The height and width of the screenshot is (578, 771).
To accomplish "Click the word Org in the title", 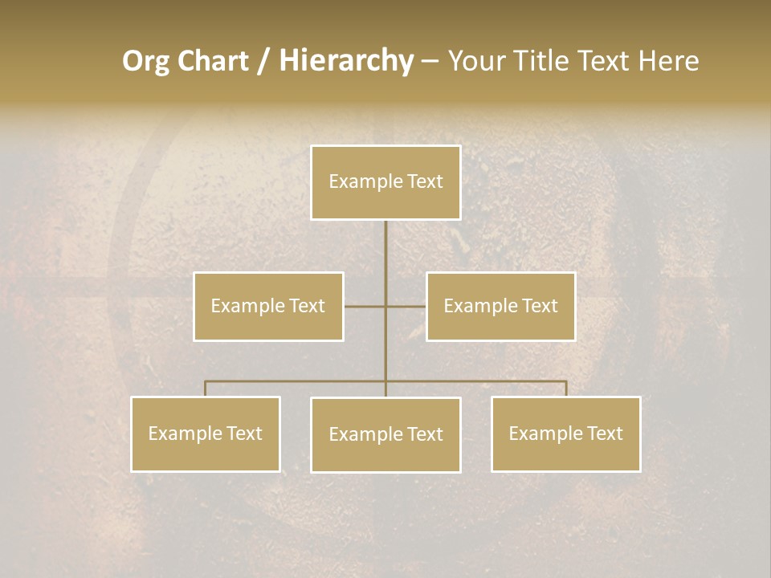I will pos(145,61).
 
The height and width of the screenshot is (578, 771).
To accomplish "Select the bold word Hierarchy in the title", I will pos(345,61).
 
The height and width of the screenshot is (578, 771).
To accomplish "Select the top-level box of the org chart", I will pos(385,182).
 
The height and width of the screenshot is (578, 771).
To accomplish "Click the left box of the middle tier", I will pos(268,306).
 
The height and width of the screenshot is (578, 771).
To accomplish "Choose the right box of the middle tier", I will pos(500,306).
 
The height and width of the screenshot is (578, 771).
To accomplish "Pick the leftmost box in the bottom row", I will pos(205,433).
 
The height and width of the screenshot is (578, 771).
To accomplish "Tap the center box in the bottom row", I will pos(385,434).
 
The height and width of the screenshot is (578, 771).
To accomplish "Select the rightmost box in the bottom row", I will pos(565,433).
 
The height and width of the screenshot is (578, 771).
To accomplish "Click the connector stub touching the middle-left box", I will pos(364,307).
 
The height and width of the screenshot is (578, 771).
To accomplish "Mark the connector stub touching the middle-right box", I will pos(406,307).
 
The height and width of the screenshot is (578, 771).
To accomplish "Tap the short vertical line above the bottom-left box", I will pos(205,389).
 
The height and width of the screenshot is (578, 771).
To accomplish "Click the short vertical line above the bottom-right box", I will pos(566,389).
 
